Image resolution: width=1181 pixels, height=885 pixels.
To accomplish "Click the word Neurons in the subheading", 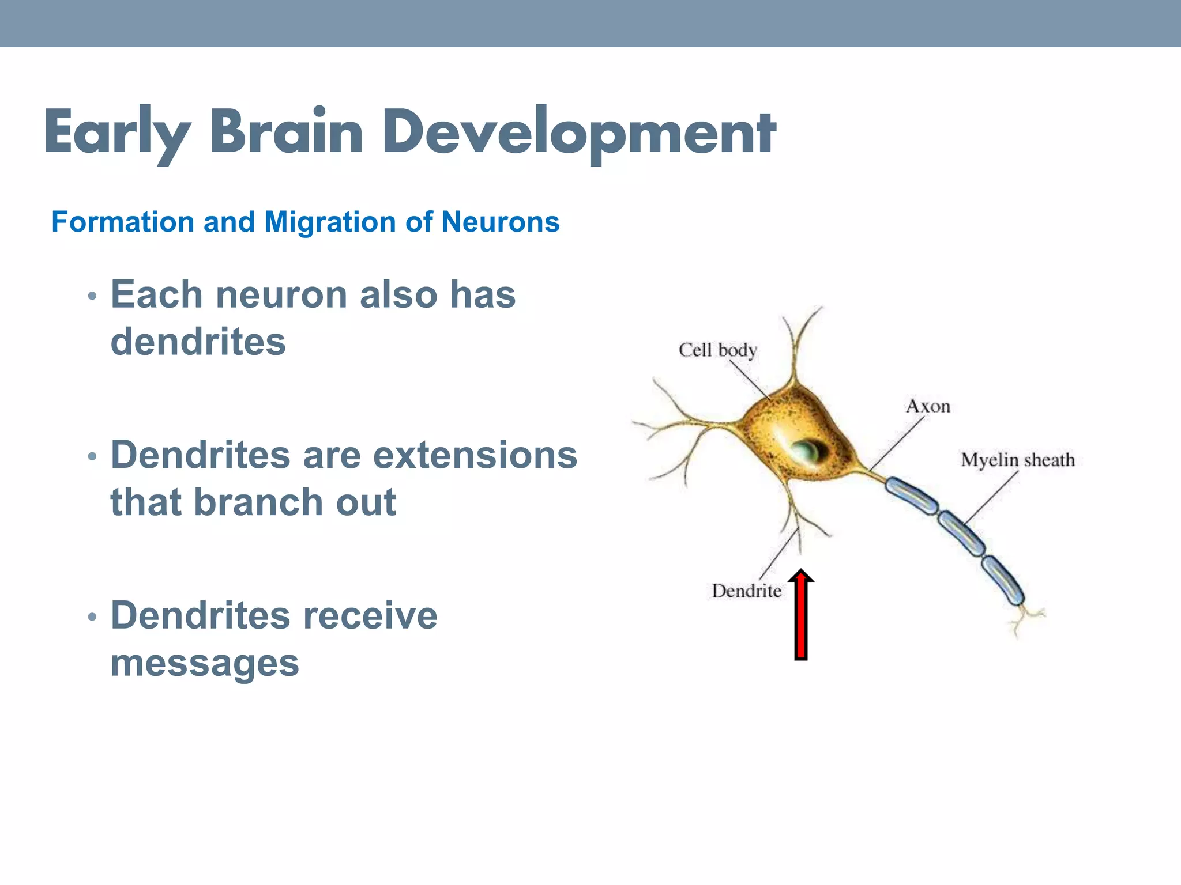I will pos(501,222).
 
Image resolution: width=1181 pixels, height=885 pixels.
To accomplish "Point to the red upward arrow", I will pos(800,615).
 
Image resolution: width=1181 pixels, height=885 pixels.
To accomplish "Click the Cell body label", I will pos(717,350).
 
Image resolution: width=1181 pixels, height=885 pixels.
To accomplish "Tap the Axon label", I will pos(928,407).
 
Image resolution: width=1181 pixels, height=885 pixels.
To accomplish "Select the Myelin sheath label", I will pos(1018,460).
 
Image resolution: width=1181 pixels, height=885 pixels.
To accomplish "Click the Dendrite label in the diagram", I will pos(746,591).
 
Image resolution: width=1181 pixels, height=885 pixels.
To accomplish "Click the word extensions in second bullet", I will pos(475,455).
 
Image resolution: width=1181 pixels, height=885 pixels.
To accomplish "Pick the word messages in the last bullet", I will pos(205,664).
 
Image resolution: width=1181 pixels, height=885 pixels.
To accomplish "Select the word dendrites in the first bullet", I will pos(198,342).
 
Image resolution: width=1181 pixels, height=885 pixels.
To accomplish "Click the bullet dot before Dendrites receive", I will pos(92,618).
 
